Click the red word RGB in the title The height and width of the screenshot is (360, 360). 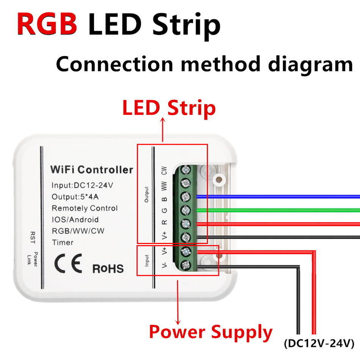click(x=47, y=24)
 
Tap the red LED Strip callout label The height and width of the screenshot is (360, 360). click(x=169, y=108)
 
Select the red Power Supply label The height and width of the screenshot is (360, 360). click(x=211, y=332)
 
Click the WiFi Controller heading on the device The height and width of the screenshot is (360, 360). click(x=92, y=170)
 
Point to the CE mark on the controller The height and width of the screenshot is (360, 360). click(x=68, y=263)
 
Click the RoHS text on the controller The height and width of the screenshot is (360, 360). click(x=108, y=269)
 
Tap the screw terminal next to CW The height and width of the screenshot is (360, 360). click(x=186, y=170)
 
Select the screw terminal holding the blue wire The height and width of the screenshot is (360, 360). click(x=186, y=197)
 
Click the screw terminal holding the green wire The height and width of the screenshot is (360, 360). click(x=186, y=210)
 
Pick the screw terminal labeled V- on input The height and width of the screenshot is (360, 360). click(x=186, y=265)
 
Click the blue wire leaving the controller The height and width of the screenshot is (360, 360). click(x=278, y=197)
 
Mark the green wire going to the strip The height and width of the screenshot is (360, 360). click(x=278, y=210)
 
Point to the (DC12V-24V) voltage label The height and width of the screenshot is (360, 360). click(x=319, y=344)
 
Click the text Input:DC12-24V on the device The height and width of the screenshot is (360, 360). click(x=83, y=185)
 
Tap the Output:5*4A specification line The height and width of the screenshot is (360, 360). click(x=75, y=197)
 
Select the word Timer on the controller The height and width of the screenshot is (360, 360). click(x=63, y=243)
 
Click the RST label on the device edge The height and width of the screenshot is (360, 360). click(x=33, y=238)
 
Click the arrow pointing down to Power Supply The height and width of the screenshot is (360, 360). click(x=178, y=302)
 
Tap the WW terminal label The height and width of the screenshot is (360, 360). click(x=164, y=186)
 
